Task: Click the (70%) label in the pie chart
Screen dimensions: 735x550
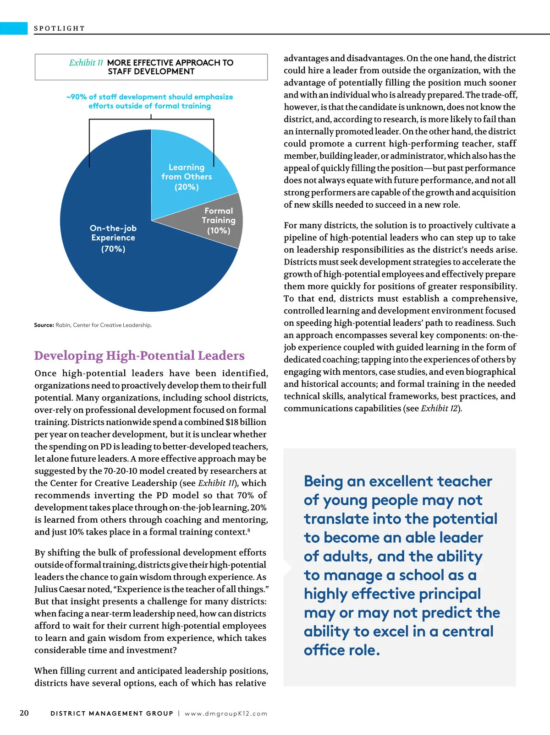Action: [113, 249]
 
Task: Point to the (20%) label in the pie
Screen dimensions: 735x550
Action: [187, 187]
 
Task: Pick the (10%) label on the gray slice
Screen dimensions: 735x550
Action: [219, 231]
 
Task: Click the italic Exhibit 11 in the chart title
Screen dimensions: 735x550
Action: [86, 63]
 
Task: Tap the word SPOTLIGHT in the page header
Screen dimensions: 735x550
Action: [59, 28]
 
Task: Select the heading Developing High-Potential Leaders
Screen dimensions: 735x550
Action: [139, 356]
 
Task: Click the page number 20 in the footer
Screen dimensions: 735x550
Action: [24, 713]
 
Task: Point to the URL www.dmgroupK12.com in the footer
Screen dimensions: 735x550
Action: [226, 713]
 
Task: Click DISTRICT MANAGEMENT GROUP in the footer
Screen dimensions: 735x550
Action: [112, 713]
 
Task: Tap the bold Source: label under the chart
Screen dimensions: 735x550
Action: [44, 325]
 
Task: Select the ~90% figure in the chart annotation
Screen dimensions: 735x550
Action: [76, 97]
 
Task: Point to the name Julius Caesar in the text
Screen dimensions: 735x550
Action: [64, 589]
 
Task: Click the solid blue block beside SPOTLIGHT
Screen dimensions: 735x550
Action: [14, 28]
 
